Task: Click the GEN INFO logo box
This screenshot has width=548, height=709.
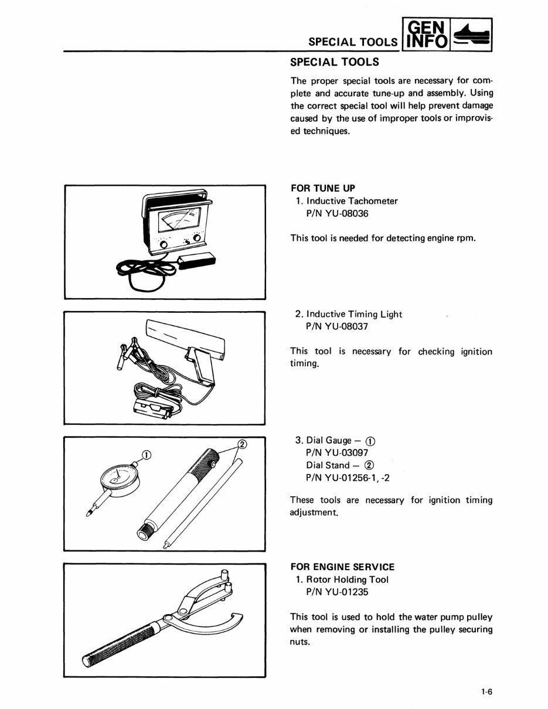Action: pos(427,34)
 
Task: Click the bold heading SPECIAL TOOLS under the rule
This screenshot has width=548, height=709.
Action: pos(335,62)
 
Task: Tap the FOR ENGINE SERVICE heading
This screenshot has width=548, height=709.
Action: pos(342,567)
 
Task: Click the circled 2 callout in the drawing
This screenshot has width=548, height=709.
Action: pos(242,444)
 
